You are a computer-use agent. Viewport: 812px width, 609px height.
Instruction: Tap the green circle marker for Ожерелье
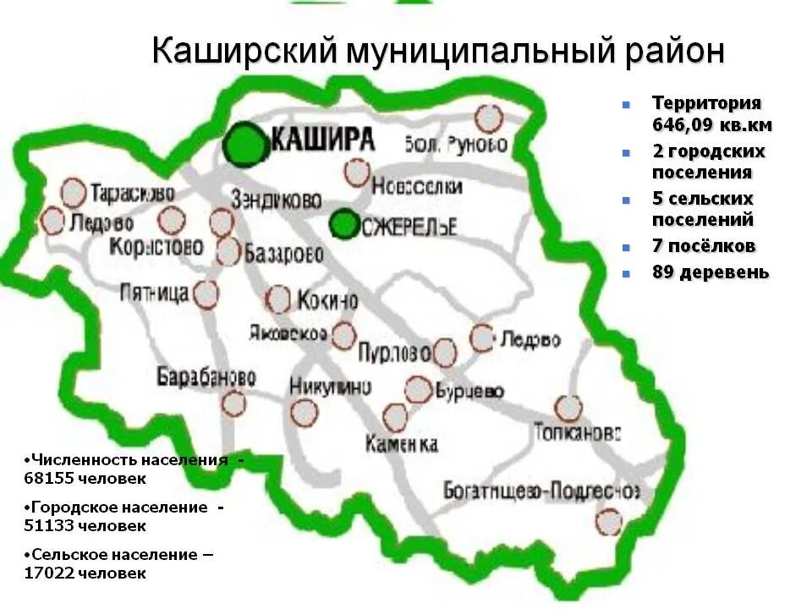(x=343, y=224)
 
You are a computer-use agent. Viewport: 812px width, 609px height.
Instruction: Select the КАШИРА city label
(x=324, y=139)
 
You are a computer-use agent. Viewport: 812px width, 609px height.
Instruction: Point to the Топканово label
(x=578, y=432)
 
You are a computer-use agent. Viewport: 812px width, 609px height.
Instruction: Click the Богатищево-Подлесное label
(x=541, y=491)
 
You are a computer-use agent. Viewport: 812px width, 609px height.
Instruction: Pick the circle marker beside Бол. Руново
(x=488, y=118)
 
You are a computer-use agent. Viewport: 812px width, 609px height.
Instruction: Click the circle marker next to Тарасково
(x=74, y=192)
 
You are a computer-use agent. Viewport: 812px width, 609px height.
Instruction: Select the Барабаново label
(x=206, y=376)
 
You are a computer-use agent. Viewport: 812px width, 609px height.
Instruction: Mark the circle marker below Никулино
(x=304, y=413)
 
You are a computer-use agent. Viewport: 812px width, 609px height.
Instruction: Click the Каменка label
(x=402, y=443)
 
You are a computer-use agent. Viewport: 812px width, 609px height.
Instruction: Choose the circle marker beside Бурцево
(x=418, y=390)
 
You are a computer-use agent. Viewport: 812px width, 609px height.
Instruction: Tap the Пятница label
(x=155, y=293)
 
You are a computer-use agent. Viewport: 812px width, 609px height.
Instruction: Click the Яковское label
(x=288, y=332)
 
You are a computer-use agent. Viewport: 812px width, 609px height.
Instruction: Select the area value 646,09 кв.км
(x=711, y=125)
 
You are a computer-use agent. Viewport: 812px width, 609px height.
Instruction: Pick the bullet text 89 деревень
(x=710, y=272)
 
